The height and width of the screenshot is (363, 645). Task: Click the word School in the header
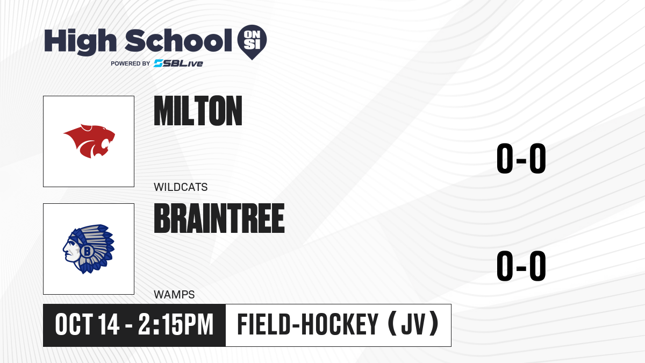(x=178, y=40)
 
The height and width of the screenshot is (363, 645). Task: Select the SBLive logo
(x=178, y=63)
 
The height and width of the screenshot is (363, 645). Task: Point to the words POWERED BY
(x=131, y=63)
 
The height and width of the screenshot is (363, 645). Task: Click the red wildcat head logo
(x=89, y=141)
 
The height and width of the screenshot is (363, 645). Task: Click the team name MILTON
(x=198, y=111)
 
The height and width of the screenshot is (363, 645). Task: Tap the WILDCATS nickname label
(x=181, y=187)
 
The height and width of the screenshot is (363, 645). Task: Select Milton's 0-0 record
(x=521, y=158)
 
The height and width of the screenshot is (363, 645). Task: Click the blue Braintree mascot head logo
(x=89, y=249)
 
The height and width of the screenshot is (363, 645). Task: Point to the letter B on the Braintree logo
(x=87, y=251)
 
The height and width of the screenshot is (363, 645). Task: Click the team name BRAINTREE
(x=219, y=218)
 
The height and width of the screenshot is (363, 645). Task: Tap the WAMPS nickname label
(x=174, y=295)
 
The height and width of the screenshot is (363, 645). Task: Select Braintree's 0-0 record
(x=521, y=266)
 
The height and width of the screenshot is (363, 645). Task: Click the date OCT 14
(x=87, y=325)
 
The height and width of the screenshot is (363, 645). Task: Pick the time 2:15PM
(x=176, y=325)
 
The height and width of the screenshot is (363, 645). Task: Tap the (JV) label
(x=413, y=324)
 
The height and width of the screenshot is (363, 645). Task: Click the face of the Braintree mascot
(x=70, y=249)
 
